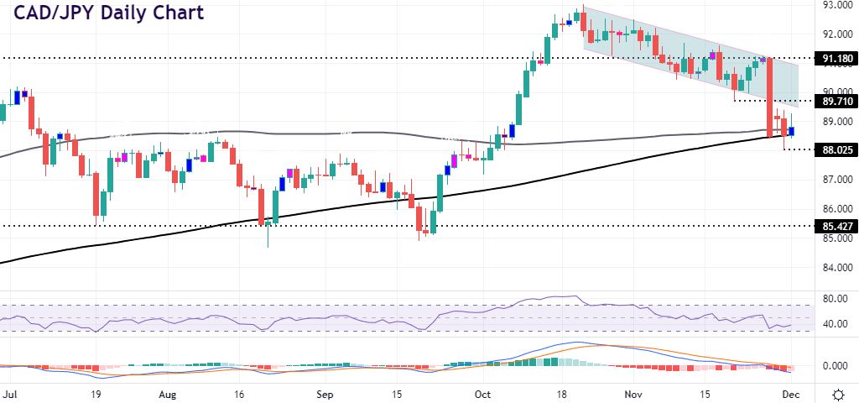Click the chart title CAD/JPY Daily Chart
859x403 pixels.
[x=106, y=14]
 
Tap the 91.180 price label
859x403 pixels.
[x=837, y=58]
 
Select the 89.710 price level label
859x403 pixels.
[x=837, y=101]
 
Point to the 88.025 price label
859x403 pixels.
[x=837, y=149]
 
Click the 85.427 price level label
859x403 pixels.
[x=837, y=226]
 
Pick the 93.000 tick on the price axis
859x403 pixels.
[x=837, y=5]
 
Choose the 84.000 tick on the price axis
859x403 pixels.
[x=837, y=268]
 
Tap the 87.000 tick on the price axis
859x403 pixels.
[x=837, y=180]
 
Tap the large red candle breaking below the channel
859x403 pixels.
[x=769, y=97]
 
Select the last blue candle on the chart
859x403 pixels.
[x=791, y=130]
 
